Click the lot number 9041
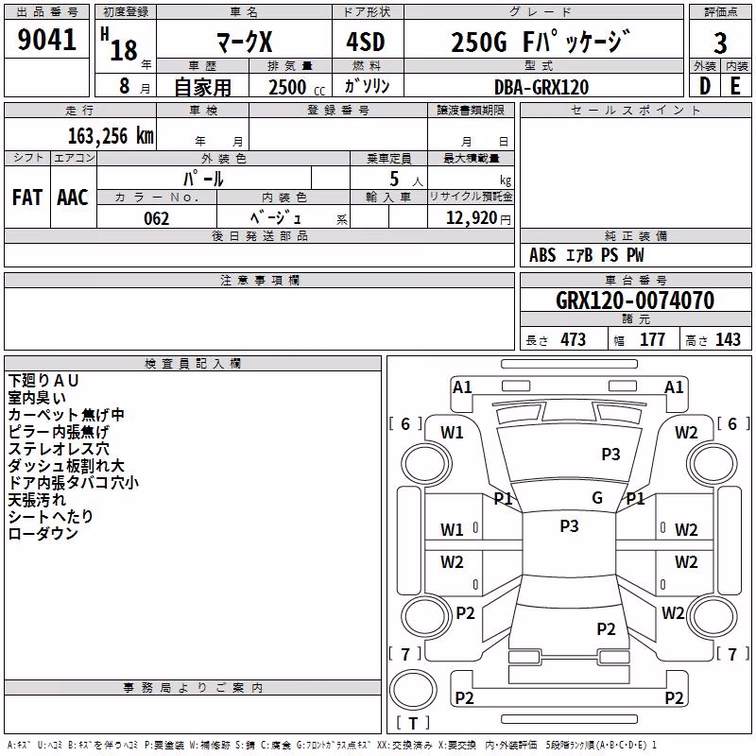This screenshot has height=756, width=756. pos(46,40)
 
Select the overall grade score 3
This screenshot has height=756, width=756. pos(720,43)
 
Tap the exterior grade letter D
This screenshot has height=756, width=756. pos(705,86)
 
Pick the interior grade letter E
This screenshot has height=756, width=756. pos(735,86)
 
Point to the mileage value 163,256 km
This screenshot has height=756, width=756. pos(111,136)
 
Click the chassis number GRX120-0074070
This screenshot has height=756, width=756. pos(635,301)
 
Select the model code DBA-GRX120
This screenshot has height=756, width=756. pos(541,87)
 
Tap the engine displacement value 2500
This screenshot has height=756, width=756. pos(287,87)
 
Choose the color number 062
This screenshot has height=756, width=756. pos(157,218)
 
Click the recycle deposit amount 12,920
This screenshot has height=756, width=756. pos(471,217)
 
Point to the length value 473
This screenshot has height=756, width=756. pos(573,339)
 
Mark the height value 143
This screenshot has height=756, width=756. pos(728,339)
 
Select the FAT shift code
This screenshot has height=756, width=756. pos(27,198)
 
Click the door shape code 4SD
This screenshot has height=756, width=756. pos(366,42)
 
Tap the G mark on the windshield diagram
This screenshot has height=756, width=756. pos(597,497)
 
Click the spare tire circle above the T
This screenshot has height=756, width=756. pos(413,690)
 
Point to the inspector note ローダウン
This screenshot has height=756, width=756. pos(43,533)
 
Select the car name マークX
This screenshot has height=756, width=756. pos(245,42)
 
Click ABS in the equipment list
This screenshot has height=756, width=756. pos(541,255)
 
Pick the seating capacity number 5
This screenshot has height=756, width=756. pos(394,179)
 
